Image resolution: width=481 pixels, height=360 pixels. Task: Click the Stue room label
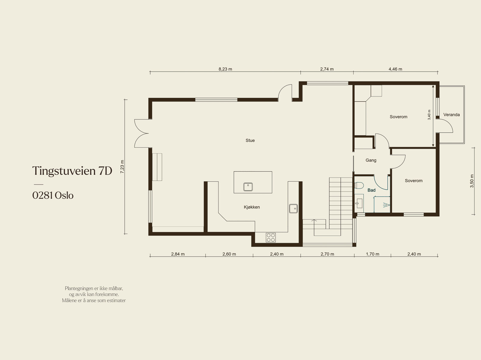tap(250, 140)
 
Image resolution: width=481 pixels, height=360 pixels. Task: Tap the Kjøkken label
tap(252, 207)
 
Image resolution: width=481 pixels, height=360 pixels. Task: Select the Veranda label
tap(452, 115)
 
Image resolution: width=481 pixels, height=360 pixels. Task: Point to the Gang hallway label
tap(371, 160)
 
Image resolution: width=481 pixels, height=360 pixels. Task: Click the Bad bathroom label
tap(372, 190)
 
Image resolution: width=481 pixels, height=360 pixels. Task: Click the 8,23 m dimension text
tap(225, 69)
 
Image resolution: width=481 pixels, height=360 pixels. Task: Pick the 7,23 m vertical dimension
tap(122, 167)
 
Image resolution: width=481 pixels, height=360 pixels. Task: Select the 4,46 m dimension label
tap(395, 69)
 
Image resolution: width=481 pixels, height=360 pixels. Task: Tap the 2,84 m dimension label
tap(178, 254)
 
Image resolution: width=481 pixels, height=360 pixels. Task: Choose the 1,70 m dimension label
tap(372, 254)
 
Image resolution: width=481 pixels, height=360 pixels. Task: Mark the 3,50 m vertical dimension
tap(472, 181)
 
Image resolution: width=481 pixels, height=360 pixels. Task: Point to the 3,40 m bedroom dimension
tap(429, 115)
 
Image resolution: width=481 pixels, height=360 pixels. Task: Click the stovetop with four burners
tap(271, 238)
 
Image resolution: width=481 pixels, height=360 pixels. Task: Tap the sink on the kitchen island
tap(248, 187)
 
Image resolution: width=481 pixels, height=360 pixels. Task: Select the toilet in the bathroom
tap(359, 185)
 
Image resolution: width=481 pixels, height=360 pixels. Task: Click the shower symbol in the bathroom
tap(386, 205)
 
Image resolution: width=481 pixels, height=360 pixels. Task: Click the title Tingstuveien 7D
tap(72, 171)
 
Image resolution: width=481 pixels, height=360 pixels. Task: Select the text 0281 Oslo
tap(53, 196)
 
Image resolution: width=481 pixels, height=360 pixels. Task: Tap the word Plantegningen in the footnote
tap(79, 288)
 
